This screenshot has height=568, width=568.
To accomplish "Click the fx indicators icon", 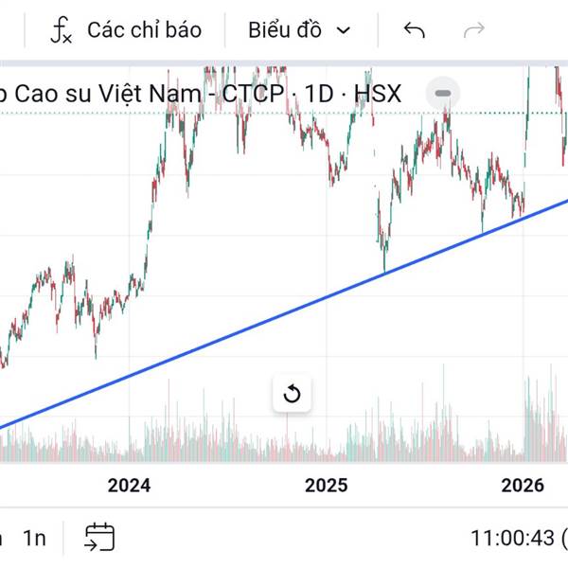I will tap(62, 30).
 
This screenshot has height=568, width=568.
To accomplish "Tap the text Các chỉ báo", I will tap(144, 30).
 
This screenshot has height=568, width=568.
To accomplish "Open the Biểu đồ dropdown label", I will tap(285, 30).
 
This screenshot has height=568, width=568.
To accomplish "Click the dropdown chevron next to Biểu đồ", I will tap(344, 30).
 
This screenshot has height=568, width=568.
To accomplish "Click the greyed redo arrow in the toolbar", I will tap(473, 30).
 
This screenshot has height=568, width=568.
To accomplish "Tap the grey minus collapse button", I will tap(443, 94).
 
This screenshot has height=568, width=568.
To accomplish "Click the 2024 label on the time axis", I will tap(129, 486).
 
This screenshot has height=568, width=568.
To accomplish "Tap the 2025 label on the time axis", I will tap(327, 486).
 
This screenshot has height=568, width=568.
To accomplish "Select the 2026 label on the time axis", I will tap(522, 486).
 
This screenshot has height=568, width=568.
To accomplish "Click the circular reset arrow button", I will tap(292, 394).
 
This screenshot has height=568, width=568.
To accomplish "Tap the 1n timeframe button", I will tap(34, 539).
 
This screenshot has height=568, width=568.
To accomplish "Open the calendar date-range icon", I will tap(99, 538).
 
